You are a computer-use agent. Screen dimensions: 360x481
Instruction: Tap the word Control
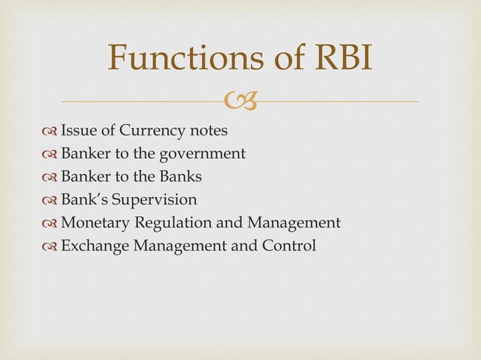[x=290, y=246]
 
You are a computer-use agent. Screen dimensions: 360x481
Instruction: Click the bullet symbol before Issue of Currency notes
[x=51, y=132]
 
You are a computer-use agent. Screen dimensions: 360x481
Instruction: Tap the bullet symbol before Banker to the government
[x=51, y=154]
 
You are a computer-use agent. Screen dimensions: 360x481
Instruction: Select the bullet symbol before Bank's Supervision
[x=51, y=200]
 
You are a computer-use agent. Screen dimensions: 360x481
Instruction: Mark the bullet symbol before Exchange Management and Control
[x=51, y=246]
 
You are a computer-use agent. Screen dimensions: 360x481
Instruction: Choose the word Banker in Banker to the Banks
[x=86, y=177]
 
